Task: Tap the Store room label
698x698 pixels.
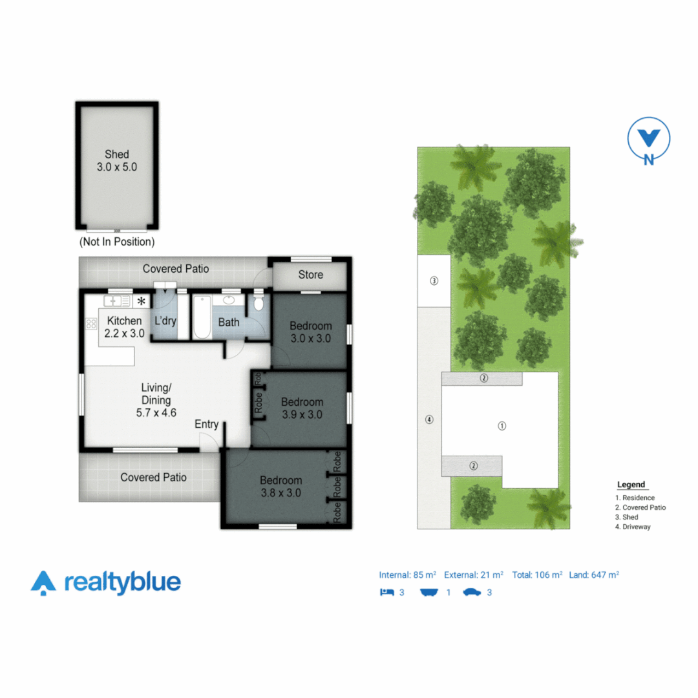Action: point(310,275)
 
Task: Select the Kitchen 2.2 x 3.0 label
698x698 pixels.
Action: point(124,327)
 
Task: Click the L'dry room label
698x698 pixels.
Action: point(165,321)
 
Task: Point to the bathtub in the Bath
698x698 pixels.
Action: point(200,318)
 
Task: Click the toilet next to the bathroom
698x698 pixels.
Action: point(259,304)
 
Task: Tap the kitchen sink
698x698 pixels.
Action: point(117,301)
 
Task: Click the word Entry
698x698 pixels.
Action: point(207,425)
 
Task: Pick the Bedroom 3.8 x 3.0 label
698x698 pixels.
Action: point(280,486)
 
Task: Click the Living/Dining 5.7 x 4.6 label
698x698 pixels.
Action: point(156,400)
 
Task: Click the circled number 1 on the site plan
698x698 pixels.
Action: point(502,426)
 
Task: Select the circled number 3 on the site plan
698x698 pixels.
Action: point(434,281)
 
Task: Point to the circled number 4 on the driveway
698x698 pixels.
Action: point(428,420)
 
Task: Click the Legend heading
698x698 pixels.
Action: point(631,485)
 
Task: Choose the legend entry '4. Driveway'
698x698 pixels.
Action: point(633,527)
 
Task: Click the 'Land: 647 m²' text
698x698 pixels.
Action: point(594,575)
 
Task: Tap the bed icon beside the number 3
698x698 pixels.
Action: point(387,592)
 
